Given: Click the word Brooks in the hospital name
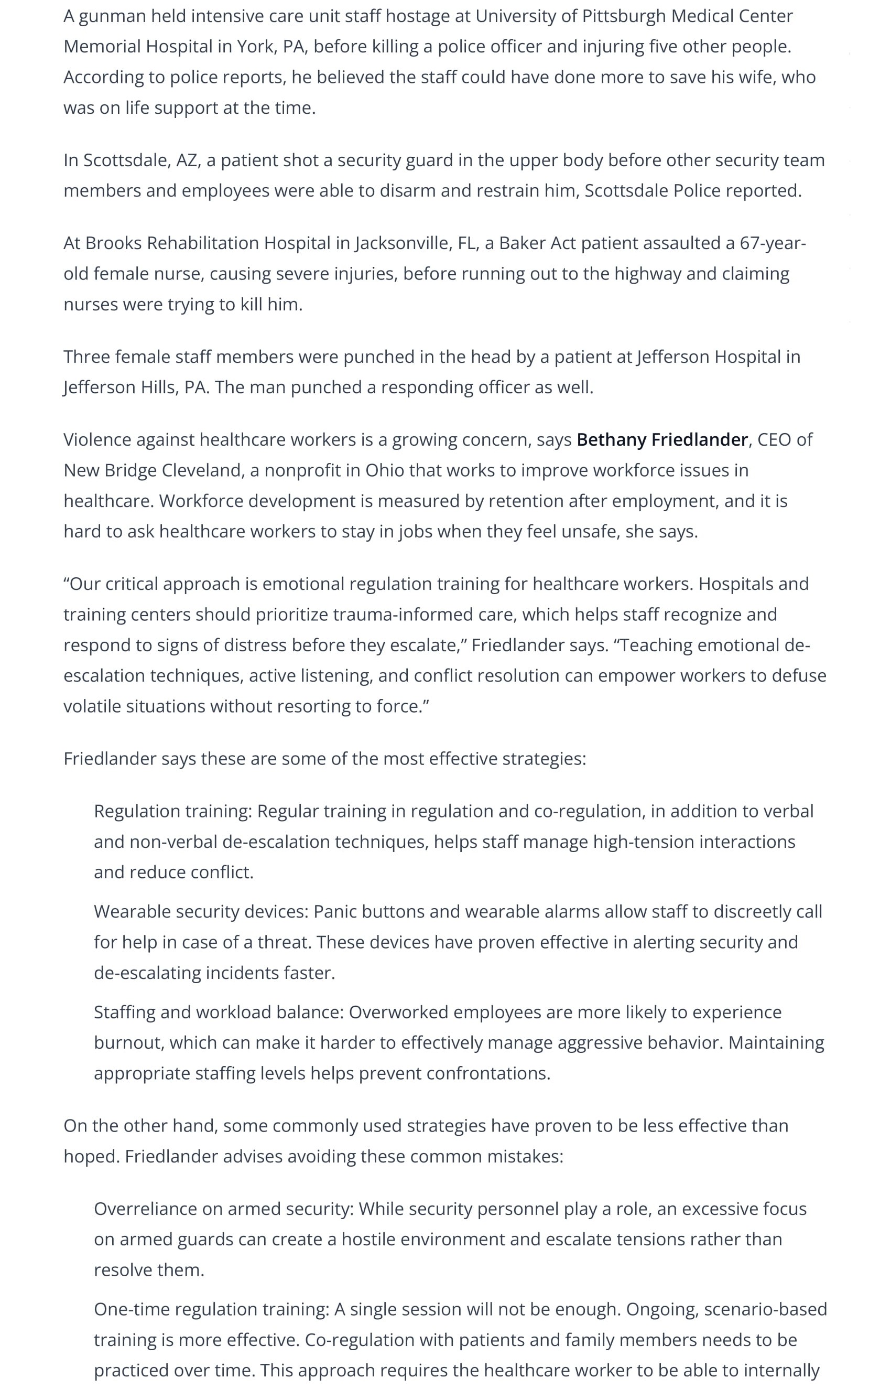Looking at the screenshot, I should point(113,243).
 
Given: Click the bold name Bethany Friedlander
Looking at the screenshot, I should point(662,440).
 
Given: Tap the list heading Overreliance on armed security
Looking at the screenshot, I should point(224,1209).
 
